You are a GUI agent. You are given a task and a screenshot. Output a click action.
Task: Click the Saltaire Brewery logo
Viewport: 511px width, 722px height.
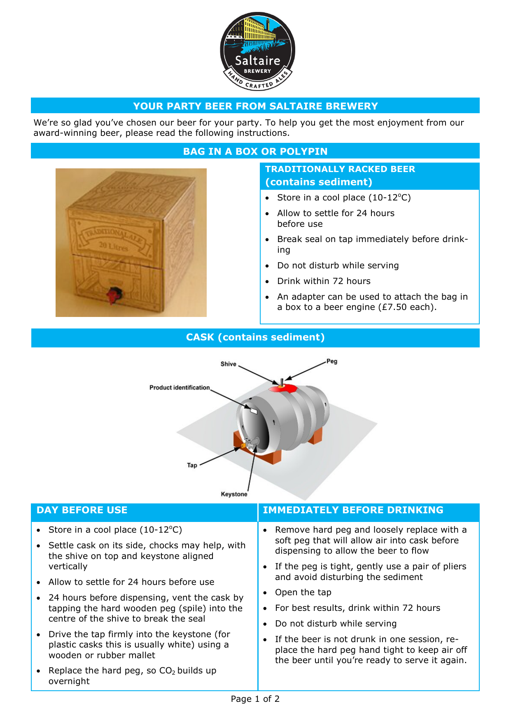click(258, 51)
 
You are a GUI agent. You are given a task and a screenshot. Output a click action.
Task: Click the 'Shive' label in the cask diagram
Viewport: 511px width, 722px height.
click(228, 364)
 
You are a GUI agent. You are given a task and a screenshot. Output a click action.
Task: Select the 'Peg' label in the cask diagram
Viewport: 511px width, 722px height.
click(332, 361)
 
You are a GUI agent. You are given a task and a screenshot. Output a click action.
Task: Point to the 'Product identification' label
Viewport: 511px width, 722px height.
click(180, 387)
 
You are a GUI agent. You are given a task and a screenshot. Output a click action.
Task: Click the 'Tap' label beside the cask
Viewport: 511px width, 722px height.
click(192, 465)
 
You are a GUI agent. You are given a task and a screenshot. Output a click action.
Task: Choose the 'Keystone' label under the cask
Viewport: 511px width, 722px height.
click(234, 494)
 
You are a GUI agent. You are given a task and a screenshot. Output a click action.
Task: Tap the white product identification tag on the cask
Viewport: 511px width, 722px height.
click(253, 410)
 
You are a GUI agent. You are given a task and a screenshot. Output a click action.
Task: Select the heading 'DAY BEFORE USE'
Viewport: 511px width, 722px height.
click(82, 510)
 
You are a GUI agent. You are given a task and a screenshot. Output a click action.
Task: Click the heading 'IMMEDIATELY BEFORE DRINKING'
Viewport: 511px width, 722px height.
click(353, 510)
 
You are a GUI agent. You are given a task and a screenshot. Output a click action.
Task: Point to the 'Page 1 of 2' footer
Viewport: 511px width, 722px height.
click(255, 699)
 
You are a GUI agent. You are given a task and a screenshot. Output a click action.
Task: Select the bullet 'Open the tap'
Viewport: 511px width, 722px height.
click(303, 592)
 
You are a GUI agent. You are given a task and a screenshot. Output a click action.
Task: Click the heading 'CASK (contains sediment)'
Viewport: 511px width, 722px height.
click(255, 337)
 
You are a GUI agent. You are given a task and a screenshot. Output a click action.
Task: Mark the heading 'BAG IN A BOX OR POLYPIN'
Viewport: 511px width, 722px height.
click(255, 151)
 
